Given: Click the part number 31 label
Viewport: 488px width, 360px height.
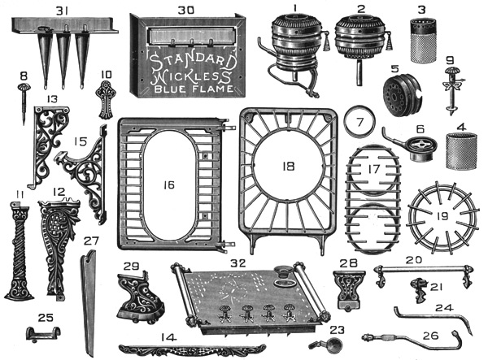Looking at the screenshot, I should (x=62, y=11).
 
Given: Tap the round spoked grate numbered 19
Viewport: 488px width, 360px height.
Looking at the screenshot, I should (x=447, y=215).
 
